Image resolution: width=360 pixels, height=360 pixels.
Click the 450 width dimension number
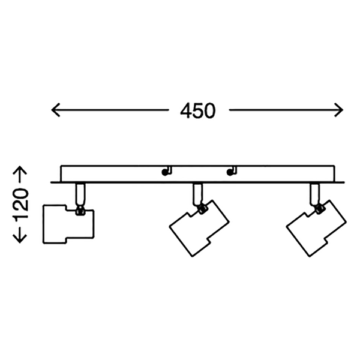point(197,110)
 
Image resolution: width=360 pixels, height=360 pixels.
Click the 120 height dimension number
point(21,205)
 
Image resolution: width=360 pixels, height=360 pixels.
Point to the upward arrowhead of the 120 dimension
point(21,170)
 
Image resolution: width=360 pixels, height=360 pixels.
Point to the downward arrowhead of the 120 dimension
point(21,239)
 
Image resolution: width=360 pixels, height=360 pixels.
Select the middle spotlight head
point(199,227)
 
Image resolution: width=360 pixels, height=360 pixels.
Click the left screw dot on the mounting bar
point(164,173)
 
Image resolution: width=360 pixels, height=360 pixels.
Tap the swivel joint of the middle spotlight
point(202,208)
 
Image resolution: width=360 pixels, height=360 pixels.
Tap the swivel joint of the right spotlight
point(319,208)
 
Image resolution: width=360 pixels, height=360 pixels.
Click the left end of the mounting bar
point(54,179)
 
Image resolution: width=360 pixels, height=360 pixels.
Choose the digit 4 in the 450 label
point(185,110)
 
